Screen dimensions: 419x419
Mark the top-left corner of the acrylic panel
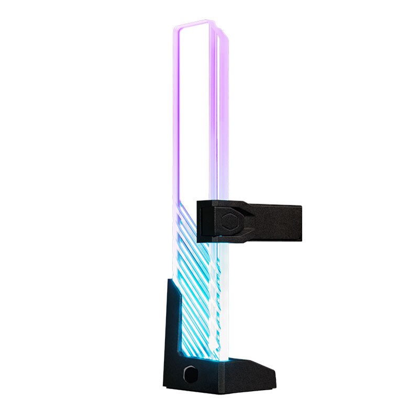(x=174, y=28)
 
